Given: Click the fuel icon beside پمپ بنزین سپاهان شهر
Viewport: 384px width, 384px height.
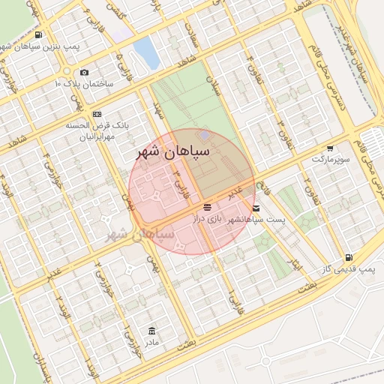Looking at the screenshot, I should (37, 35).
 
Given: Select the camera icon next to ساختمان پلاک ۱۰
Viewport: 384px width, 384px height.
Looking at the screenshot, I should (84, 72).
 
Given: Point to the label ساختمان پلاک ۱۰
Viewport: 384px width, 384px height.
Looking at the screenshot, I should (83, 83).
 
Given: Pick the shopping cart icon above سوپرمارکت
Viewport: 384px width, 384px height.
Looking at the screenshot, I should (331, 148).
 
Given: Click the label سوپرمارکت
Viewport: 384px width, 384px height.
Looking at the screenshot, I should (331, 160).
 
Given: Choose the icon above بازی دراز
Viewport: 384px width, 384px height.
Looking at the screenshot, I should (208, 206).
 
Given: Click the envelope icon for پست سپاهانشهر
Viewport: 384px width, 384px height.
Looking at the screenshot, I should (257, 207).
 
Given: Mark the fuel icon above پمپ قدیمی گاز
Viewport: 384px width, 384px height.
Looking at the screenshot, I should (349, 256).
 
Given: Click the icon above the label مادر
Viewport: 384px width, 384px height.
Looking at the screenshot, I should (152, 331).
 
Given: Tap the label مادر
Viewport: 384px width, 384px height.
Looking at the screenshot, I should (152, 343).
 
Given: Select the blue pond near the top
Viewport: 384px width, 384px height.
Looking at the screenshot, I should (147, 52).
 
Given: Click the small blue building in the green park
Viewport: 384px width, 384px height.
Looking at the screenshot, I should (205, 134).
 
